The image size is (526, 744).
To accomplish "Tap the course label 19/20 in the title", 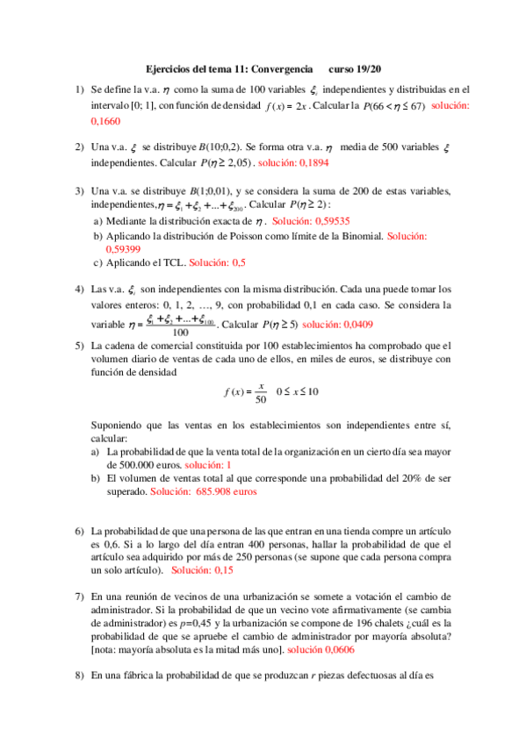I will click(x=362, y=68).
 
